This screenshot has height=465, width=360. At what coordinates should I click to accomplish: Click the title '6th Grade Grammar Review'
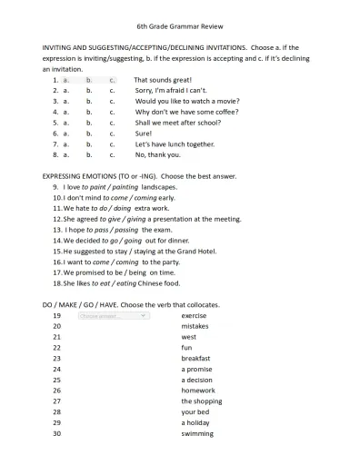pos(180,28)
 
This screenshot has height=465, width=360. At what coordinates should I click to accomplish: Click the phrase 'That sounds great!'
pos(165,80)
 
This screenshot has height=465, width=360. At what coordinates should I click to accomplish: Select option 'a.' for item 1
pos(67,80)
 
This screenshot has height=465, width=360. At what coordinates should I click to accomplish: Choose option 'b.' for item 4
pos(89,112)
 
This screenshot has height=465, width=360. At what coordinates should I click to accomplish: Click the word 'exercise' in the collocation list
pos(194,315)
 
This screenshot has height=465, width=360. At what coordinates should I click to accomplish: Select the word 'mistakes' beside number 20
pos(195,326)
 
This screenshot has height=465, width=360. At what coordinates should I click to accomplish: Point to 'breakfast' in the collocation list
pos(195,358)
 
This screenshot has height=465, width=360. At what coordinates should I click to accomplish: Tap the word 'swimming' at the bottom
pos(197,433)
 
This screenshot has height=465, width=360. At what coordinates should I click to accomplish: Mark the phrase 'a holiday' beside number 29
pos(196,422)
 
